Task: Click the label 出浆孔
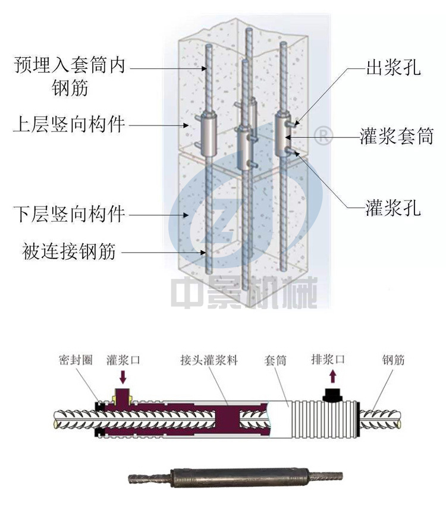[392, 68]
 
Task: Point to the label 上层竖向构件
[69, 125]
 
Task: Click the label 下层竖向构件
[69, 213]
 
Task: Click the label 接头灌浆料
[209, 360]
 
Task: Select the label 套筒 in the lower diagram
[275, 360]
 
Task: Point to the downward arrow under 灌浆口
[123, 376]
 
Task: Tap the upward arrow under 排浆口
[332, 376]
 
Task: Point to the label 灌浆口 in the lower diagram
[124, 360]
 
